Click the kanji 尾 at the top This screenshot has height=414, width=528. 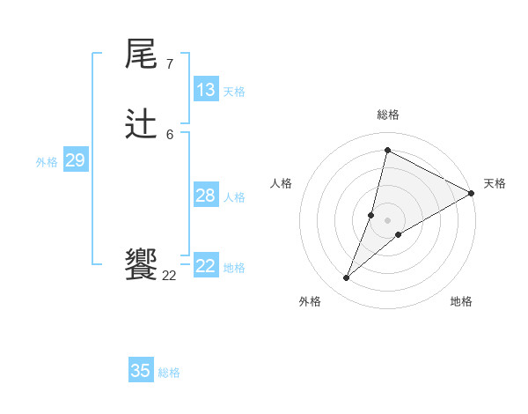point(141,55)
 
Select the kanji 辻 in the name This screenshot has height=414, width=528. point(141,125)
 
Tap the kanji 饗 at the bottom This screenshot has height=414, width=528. point(141,264)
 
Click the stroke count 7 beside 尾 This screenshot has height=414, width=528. point(169,64)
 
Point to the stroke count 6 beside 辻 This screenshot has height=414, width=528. point(169,134)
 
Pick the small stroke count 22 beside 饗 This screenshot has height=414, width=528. point(169,275)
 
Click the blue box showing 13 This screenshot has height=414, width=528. point(206,90)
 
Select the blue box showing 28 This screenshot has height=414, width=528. point(206,196)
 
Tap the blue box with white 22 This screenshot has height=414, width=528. point(206,266)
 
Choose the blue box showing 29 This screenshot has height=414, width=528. point(75,160)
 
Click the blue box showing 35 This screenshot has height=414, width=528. point(141,371)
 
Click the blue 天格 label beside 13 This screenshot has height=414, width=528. point(234,92)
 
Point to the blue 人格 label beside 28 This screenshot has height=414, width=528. point(234,197)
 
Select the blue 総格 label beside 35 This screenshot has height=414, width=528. point(169,373)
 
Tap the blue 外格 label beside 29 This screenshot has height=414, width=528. point(47,162)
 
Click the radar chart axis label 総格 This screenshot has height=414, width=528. point(387,115)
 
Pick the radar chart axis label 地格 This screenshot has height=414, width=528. point(461,301)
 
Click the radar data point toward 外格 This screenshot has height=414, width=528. point(346,278)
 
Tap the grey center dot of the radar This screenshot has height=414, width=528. point(387,220)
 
